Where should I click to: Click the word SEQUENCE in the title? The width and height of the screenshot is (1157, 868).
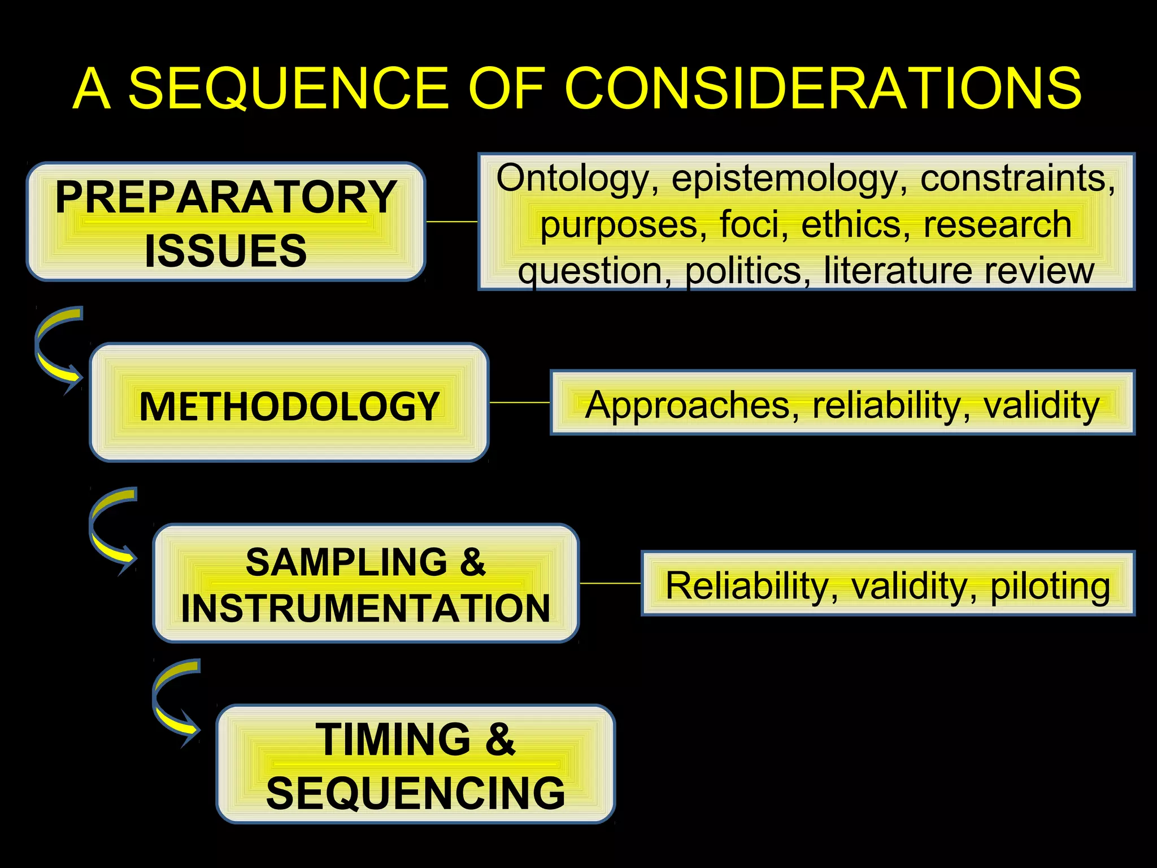288,89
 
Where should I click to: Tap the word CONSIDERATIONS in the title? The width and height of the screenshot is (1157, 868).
823,89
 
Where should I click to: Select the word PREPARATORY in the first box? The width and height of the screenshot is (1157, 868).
226,197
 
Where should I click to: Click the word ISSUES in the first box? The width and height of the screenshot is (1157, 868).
225,250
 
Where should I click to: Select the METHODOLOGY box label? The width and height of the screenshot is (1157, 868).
289,406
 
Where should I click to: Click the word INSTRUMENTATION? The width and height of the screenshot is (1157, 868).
366,609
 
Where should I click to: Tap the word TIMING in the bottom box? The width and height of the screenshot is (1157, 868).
393,739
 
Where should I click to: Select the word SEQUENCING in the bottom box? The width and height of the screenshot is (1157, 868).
416,793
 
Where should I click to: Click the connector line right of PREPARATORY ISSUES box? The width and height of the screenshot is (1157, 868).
451,222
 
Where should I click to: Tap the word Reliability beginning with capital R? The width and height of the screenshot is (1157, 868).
746,585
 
